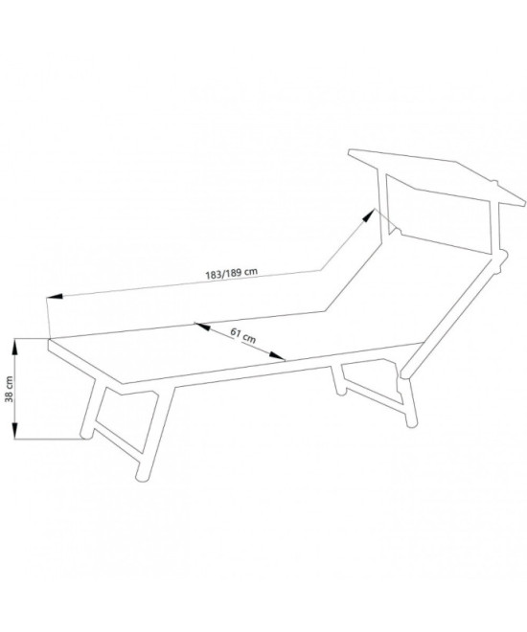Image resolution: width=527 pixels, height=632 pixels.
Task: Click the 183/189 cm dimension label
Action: pyautogui.click(x=231, y=273)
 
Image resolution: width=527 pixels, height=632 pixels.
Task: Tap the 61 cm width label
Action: pyautogui.click(x=243, y=335)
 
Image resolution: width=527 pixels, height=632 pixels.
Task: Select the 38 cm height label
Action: pyautogui.click(x=10, y=389)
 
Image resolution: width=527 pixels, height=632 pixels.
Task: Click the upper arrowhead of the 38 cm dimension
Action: pyautogui.click(x=14, y=347)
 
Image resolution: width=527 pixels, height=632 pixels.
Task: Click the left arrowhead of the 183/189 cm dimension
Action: pyautogui.click(x=55, y=297)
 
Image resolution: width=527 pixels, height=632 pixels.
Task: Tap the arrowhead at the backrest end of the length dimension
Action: pyautogui.click(x=368, y=215)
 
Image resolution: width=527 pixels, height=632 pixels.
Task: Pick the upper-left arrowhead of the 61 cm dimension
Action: pyautogui.click(x=202, y=327)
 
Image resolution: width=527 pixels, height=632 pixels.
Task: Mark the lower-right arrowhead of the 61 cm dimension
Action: pyautogui.click(x=278, y=355)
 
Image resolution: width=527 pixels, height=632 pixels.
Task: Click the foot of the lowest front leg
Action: pyautogui.click(x=142, y=476)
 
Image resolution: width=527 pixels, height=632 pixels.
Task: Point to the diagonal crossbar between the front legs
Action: pyautogui.click(x=118, y=440)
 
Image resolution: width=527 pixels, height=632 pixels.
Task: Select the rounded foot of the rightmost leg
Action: pyautogui.click(x=411, y=422)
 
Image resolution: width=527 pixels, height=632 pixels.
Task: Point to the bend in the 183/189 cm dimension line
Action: pyautogui.click(x=321, y=269)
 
